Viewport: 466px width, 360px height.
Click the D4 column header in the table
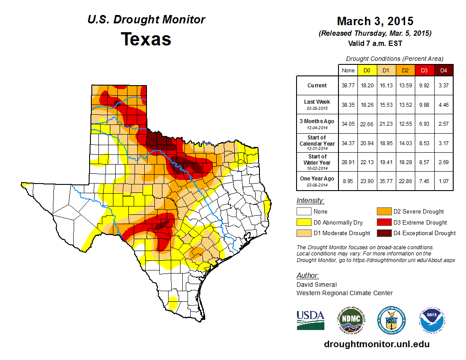click(x=443, y=70)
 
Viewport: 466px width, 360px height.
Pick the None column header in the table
click(x=348, y=70)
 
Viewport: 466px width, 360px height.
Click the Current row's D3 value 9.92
click(x=424, y=86)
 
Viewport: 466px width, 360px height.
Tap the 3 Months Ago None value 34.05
click(x=348, y=124)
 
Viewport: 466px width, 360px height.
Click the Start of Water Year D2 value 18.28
click(x=405, y=163)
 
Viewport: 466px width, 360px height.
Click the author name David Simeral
click(x=316, y=285)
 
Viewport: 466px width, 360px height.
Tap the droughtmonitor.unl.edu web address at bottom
click(x=376, y=344)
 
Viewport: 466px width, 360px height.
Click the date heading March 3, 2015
click(x=375, y=21)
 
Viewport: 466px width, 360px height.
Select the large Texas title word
click(x=146, y=39)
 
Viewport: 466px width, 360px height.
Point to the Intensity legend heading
click(x=310, y=201)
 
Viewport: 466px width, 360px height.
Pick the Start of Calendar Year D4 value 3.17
click(x=443, y=143)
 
